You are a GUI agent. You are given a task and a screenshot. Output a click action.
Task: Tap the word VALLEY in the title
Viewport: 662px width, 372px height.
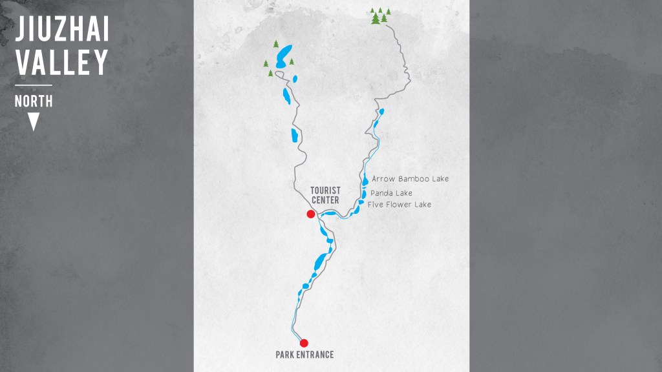click(x=62, y=63)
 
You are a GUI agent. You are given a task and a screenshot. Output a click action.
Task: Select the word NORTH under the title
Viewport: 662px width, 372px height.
click(x=34, y=101)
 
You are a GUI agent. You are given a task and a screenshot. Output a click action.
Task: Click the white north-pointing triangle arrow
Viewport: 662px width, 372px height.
click(x=34, y=121)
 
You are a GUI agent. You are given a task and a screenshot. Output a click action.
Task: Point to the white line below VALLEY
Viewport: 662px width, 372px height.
click(x=34, y=85)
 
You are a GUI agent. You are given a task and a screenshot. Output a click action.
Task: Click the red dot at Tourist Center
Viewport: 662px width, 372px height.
click(x=311, y=214)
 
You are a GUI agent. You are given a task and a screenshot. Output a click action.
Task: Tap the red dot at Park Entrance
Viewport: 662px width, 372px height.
click(x=304, y=343)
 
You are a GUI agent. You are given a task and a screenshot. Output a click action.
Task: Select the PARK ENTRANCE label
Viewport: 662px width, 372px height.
click(x=304, y=355)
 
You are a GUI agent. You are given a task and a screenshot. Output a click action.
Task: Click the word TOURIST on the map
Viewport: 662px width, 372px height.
click(x=325, y=190)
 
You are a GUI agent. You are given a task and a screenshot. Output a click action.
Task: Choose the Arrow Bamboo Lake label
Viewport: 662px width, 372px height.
click(x=411, y=179)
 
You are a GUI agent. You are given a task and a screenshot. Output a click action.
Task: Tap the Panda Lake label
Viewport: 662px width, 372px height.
click(x=391, y=193)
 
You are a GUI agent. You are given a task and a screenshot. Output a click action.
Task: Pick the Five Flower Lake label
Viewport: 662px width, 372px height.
click(x=399, y=205)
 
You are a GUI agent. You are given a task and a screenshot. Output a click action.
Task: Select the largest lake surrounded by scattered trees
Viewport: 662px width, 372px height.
click(x=283, y=56)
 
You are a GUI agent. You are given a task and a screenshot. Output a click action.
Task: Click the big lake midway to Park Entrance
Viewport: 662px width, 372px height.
click(x=319, y=262)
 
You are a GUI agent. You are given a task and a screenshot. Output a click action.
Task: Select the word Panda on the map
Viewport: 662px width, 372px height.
click(x=383, y=193)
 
